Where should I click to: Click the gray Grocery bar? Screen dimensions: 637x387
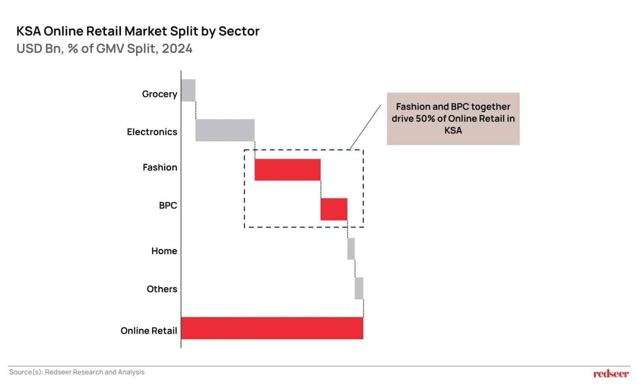(188, 90)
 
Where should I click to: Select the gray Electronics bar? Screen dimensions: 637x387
(225, 130)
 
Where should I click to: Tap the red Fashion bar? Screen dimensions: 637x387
(287, 170)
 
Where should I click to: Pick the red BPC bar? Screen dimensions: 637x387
(334, 209)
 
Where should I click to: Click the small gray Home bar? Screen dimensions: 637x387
(351, 249)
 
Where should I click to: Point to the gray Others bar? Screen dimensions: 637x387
(359, 288)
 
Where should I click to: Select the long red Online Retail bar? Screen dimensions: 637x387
(272, 328)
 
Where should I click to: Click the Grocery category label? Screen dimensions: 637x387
(160, 94)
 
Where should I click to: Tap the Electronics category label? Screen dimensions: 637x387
(152, 132)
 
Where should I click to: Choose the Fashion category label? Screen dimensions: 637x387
(160, 167)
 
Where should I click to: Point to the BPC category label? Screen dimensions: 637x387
(168, 205)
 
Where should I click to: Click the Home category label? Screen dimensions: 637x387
(164, 251)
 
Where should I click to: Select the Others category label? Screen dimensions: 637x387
(162, 289)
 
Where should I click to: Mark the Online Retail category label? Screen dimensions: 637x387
(149, 331)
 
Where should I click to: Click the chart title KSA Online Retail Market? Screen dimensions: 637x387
(138, 31)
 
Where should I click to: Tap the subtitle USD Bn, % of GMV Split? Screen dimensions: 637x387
(105, 49)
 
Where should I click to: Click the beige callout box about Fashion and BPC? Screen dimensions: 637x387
(453, 119)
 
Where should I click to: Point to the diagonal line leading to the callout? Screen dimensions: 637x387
(365, 127)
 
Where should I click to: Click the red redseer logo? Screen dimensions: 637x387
(611, 374)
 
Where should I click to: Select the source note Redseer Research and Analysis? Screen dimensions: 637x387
(77, 372)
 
